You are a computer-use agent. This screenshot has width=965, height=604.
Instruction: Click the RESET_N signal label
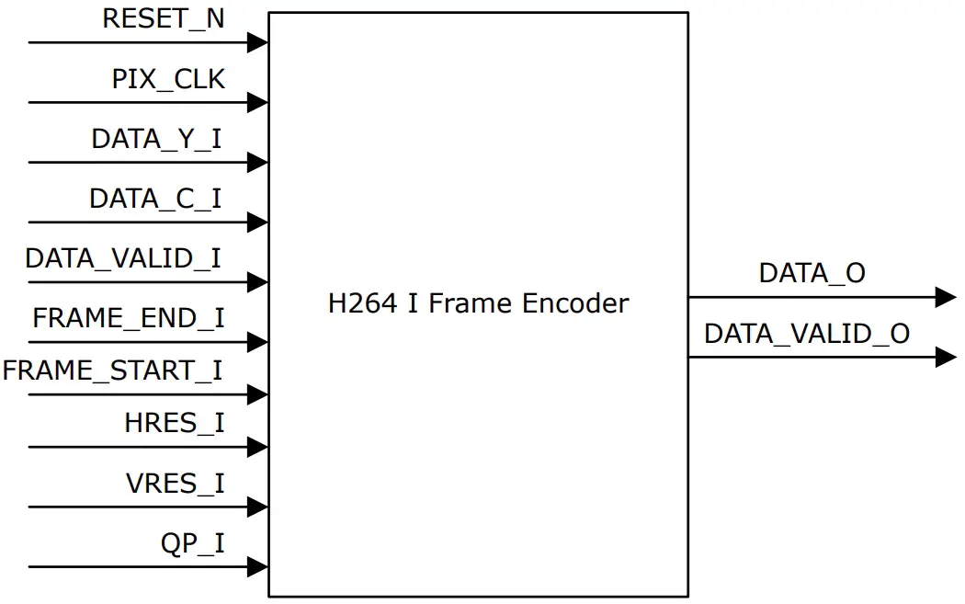coord(163,19)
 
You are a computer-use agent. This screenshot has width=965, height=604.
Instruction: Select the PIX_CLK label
coord(168,80)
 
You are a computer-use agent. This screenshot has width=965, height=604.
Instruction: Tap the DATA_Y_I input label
coord(156,140)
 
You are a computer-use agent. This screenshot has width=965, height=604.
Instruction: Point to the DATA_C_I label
coord(155,199)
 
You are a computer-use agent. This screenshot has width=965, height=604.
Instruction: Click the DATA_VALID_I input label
coord(123,258)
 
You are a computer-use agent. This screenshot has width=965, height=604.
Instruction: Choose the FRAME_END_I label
coord(129,319)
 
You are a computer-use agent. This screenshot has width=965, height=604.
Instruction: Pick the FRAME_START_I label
coord(113,371)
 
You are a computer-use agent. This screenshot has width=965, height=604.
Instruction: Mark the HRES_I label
coord(175,424)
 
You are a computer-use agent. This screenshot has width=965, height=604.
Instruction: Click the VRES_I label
coord(175,484)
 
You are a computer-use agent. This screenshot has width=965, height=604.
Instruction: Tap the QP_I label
coord(192,544)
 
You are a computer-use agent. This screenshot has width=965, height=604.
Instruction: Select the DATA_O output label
coord(812,273)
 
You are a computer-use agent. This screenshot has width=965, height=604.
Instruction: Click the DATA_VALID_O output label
coord(806,334)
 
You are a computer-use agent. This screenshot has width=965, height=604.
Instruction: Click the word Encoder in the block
coord(577,303)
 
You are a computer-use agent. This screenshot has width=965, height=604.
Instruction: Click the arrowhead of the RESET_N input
coord(258,42)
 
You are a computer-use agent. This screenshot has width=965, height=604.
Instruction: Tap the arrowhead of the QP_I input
coord(258,566)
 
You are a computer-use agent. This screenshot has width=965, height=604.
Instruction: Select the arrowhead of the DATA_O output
coord(946,297)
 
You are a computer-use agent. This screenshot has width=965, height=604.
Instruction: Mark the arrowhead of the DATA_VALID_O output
coord(946,357)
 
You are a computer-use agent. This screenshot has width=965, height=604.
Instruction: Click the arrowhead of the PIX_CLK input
coord(258,102)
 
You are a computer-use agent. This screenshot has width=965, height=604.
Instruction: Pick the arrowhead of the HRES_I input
coord(258,447)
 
